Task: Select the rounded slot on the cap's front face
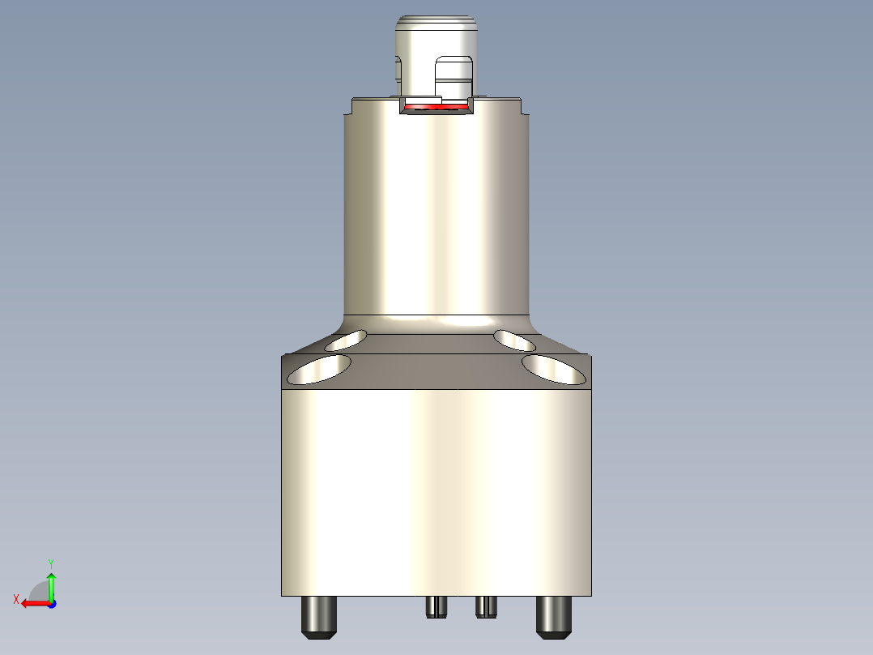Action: (453, 77)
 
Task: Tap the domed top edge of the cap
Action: (435, 17)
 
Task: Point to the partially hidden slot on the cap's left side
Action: (398, 68)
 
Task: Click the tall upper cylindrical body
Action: (436, 211)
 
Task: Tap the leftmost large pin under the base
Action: (319, 617)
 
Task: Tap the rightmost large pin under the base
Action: (554, 617)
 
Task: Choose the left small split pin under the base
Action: (437, 606)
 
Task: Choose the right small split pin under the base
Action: (486, 606)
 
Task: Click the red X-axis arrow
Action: (34, 603)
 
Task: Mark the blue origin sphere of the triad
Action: (51, 604)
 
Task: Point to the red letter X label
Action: (15, 599)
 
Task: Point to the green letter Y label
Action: (51, 563)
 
